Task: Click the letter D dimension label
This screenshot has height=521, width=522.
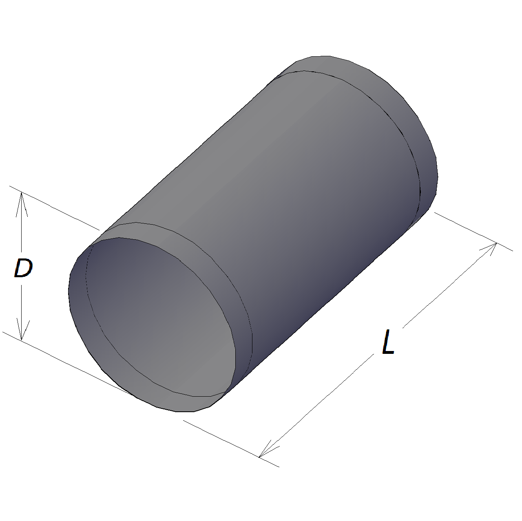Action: (23, 268)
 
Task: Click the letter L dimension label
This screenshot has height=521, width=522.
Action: (388, 342)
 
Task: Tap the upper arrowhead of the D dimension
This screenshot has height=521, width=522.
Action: (22, 204)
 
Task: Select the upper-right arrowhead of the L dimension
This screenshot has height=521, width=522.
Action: (488, 249)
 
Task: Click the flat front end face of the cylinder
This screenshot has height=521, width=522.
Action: (160, 317)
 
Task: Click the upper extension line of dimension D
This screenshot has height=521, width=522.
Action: (54, 208)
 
